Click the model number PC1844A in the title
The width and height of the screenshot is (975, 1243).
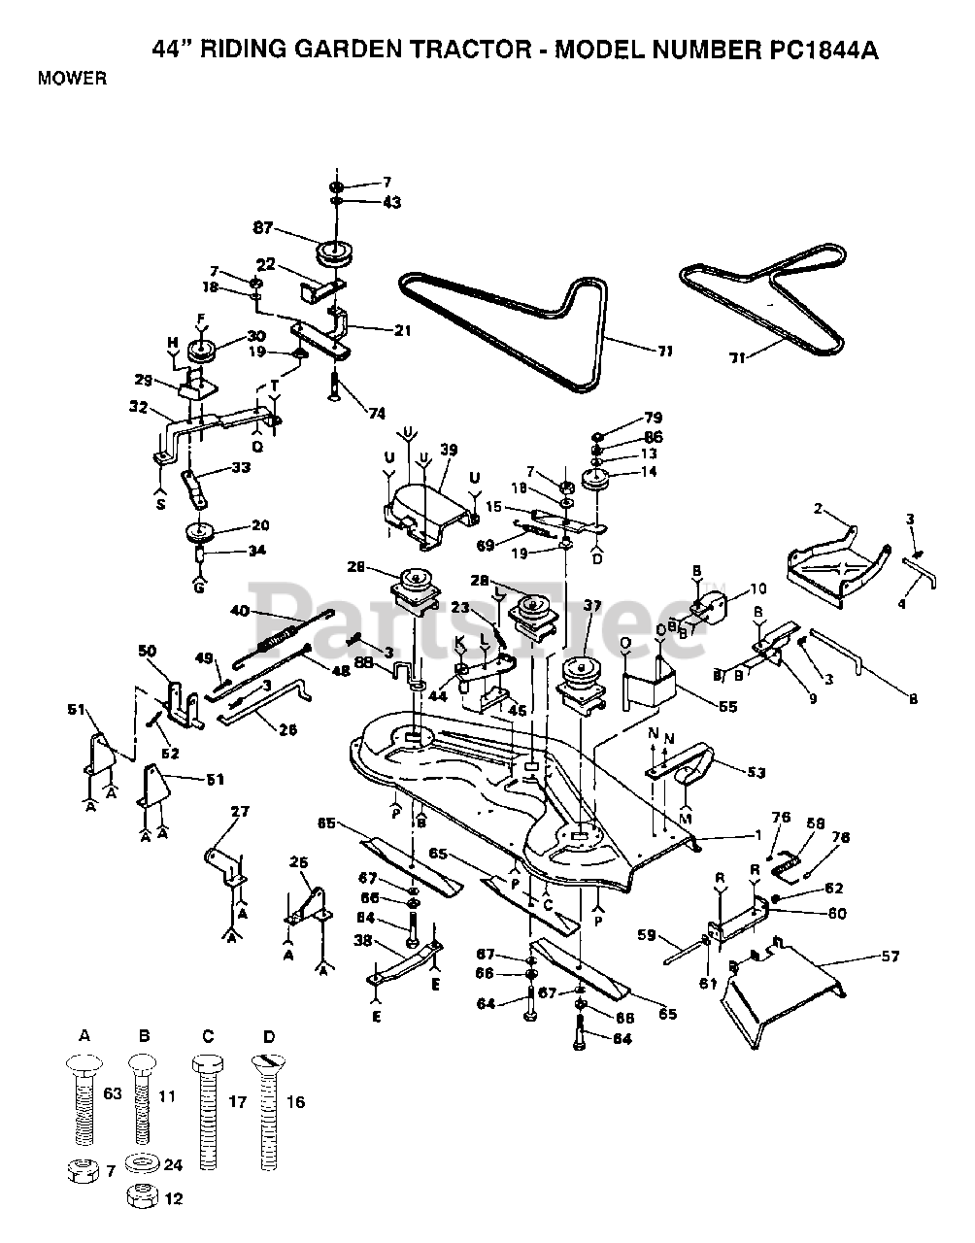(x=821, y=50)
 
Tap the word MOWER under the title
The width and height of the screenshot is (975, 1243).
(x=73, y=79)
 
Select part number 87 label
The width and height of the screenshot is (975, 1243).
(x=261, y=228)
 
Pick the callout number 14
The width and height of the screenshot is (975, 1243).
(x=649, y=472)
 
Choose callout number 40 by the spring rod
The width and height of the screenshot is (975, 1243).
(x=240, y=612)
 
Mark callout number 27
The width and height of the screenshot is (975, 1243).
(x=239, y=812)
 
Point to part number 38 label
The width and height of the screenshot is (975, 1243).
(x=362, y=940)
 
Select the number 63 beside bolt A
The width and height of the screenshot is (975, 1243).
(x=112, y=1095)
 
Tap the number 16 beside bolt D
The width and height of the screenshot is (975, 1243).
(x=295, y=1102)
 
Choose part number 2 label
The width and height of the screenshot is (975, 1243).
(x=818, y=509)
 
